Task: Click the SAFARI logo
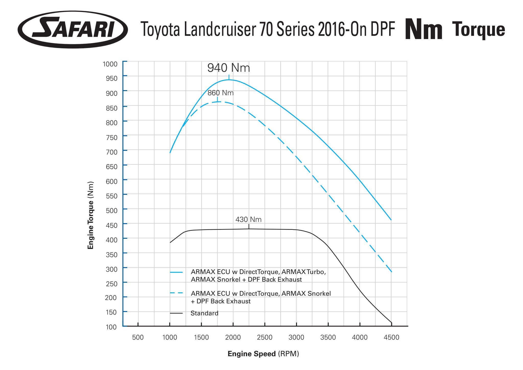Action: pos(73,29)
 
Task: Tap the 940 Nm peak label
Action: pos(229,68)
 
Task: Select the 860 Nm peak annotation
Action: pos(220,93)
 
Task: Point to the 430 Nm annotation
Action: pos(248,220)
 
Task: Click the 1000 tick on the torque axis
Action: pos(110,64)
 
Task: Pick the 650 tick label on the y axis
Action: pos(112,166)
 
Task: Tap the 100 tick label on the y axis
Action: pos(111,327)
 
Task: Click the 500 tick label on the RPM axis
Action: pos(138,337)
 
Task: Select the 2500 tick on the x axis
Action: pos(265,337)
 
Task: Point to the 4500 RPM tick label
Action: pos(391,337)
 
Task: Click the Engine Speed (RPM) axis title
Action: pos(263,354)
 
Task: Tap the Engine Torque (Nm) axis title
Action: pos(91,215)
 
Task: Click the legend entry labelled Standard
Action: pos(204,313)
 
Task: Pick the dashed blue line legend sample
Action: pos(176,293)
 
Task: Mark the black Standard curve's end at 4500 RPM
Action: pos(391,323)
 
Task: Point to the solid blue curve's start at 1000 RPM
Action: pos(170,153)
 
